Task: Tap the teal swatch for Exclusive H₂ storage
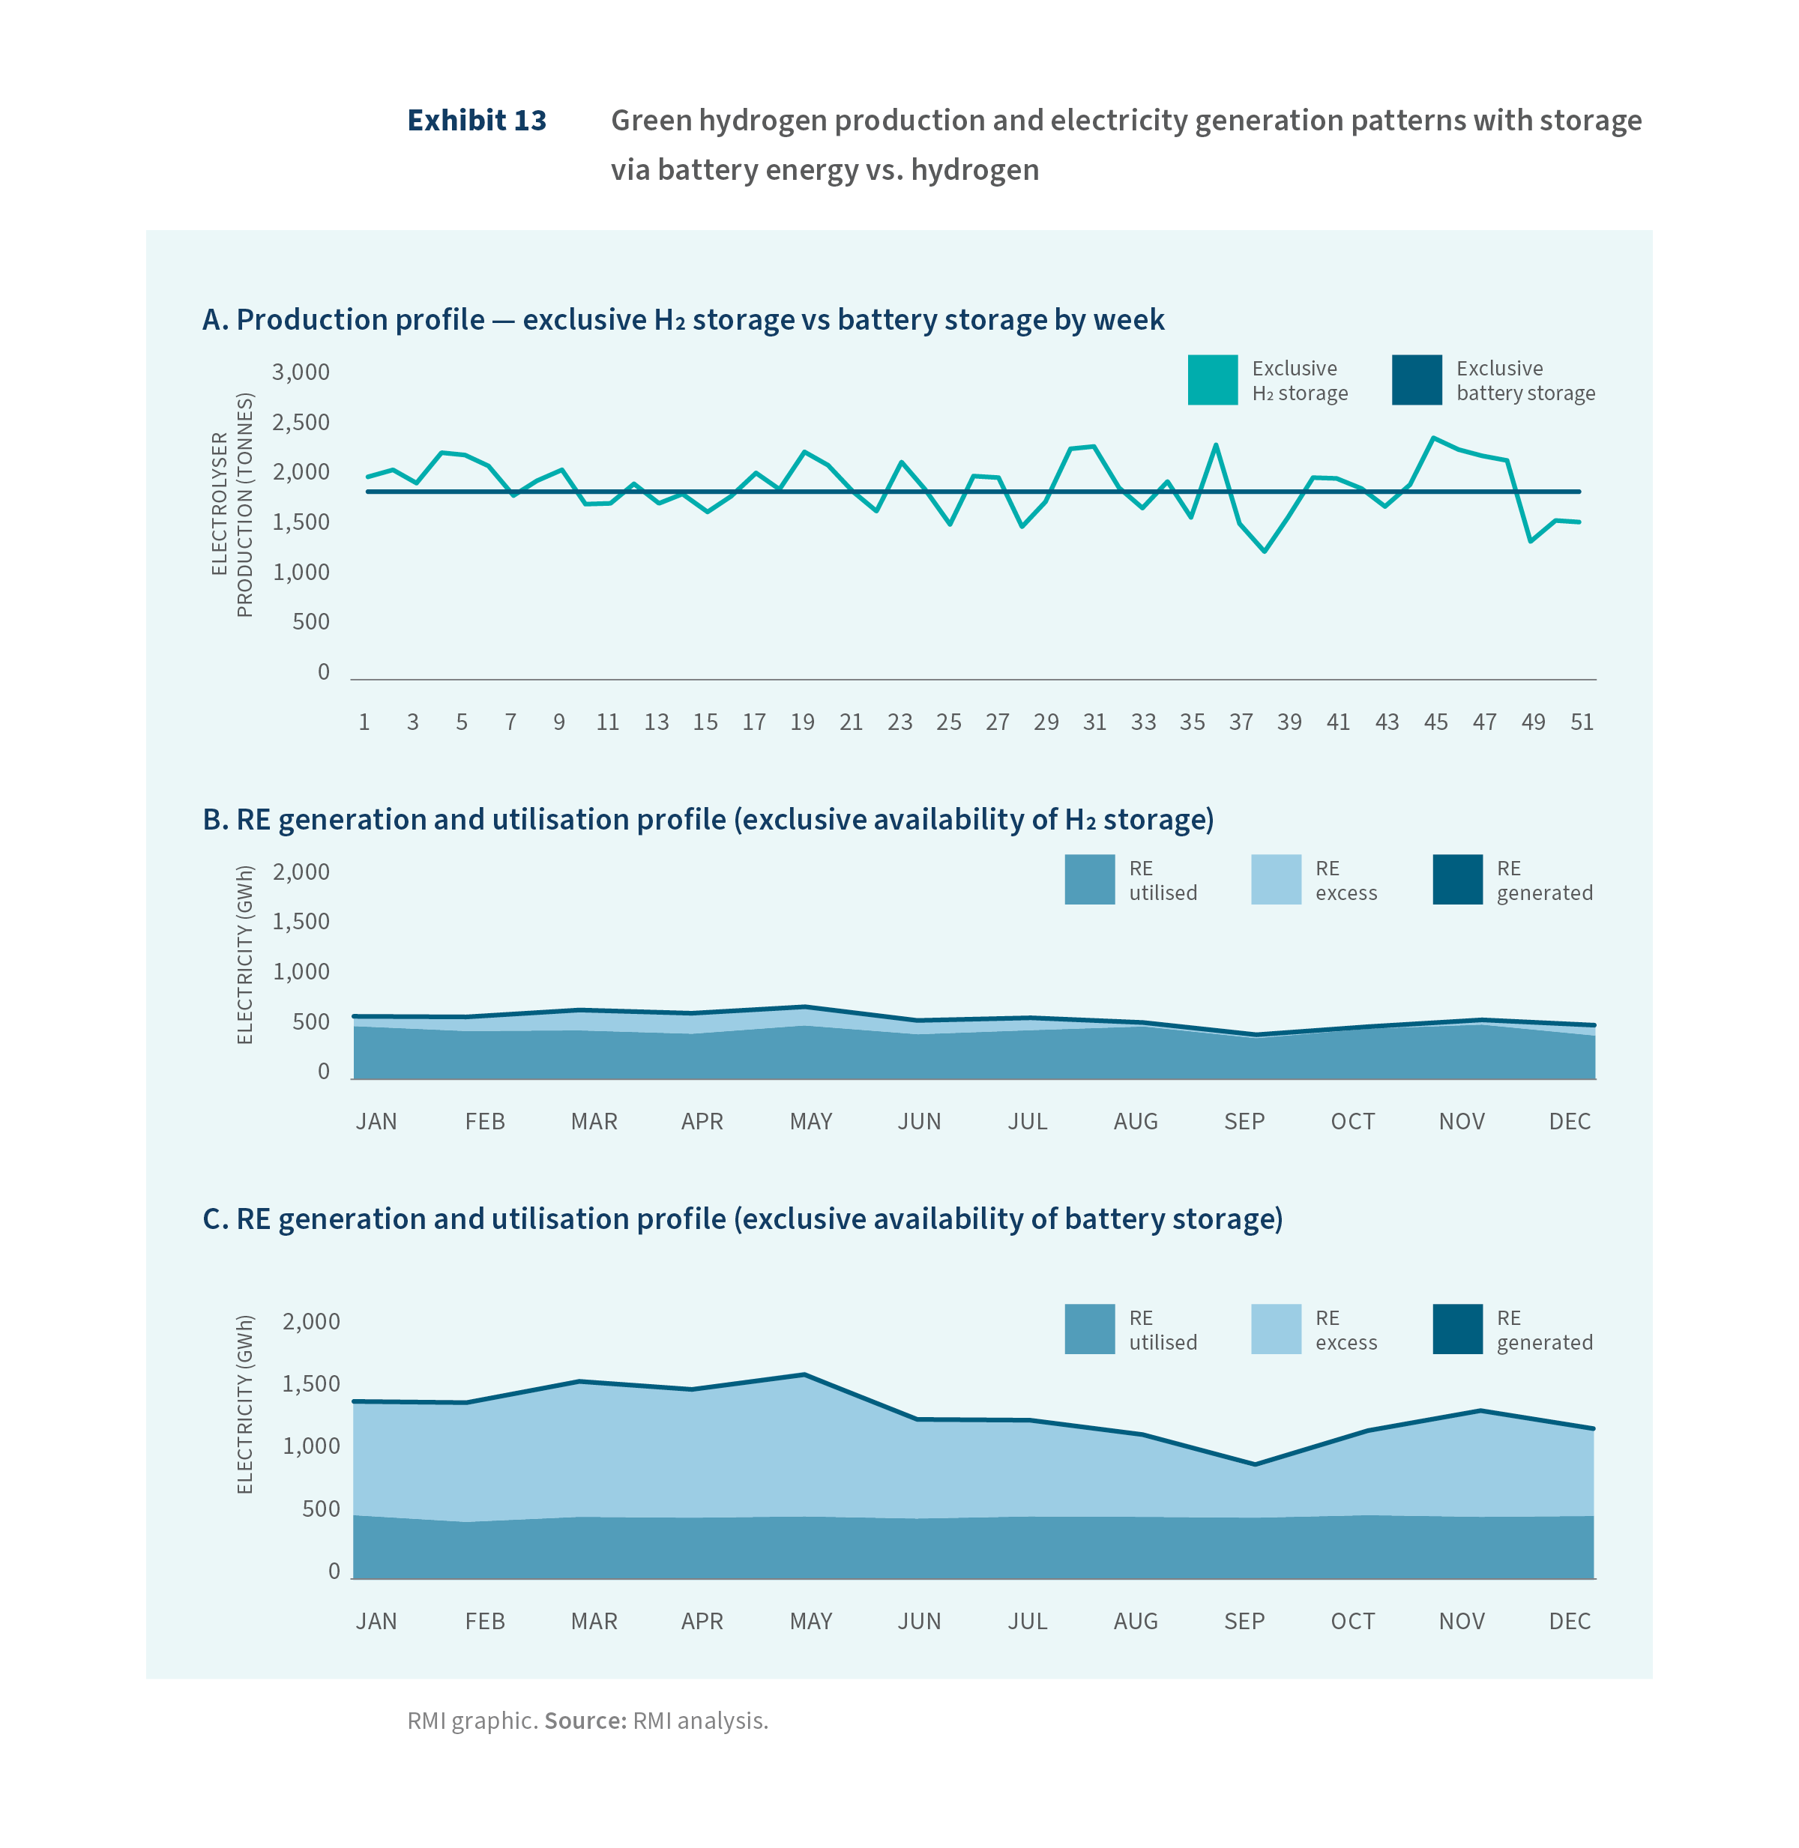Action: pos(1212,380)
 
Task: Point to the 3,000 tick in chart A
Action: pos(301,372)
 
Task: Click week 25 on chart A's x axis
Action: pos(949,722)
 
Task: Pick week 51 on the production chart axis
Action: pos(1582,722)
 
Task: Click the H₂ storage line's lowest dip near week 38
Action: pos(1265,551)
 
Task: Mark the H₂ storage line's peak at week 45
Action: pos(1433,438)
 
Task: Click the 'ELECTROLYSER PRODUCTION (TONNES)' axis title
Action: pos(232,504)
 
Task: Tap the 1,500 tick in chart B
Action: pos(301,921)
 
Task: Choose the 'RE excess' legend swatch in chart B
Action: pos(1276,880)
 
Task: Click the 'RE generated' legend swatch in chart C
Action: pos(1457,1329)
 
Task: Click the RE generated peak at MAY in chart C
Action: pos(804,1374)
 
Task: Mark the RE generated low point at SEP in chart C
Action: pos(1255,1464)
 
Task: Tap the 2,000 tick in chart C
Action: pos(311,1322)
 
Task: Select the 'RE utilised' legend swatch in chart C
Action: pos(1089,1329)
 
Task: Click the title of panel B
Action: pos(708,819)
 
